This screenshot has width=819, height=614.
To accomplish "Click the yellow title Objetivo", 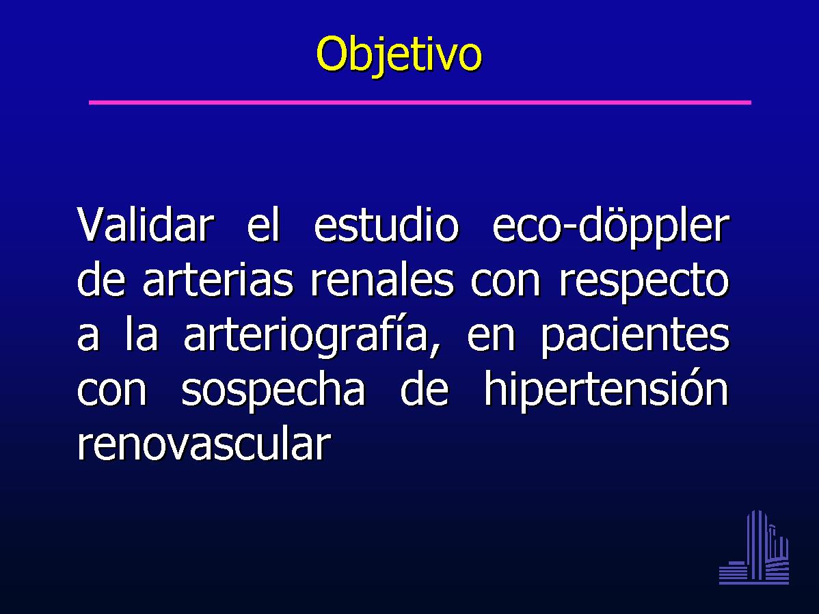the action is coord(399,55).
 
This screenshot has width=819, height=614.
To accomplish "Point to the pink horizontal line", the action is coord(420,103).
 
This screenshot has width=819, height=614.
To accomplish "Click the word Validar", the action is coord(146,225).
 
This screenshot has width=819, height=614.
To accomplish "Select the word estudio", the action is coord(386,225).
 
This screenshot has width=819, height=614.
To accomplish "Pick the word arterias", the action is coord(218,280).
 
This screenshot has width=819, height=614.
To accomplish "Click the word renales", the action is coord(382,280).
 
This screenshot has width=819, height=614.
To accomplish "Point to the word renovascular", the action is coord(204,444).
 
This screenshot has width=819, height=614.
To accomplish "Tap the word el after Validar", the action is coord(264,225).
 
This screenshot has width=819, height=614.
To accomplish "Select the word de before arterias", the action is coord(101,280).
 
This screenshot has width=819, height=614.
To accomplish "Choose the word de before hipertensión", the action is coord(424,389).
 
